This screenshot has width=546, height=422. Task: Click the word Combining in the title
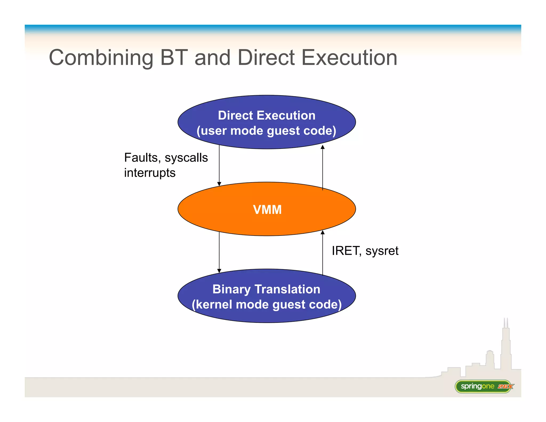[101, 58]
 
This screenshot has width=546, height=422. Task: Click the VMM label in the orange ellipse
[267, 210]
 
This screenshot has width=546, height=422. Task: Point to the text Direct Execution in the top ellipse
[267, 116]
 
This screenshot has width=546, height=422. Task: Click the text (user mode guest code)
[266, 131]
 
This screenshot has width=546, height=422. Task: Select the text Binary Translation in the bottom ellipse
[266, 289]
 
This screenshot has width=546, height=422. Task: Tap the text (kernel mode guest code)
[267, 304]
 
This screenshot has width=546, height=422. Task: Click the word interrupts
[150, 173]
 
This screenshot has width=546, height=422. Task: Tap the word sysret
[382, 251]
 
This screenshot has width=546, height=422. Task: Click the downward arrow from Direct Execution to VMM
[219, 165]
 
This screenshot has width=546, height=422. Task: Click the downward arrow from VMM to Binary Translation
[219, 252]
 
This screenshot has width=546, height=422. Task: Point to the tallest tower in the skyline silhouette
[506, 347]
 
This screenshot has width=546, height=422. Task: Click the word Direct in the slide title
[266, 58]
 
